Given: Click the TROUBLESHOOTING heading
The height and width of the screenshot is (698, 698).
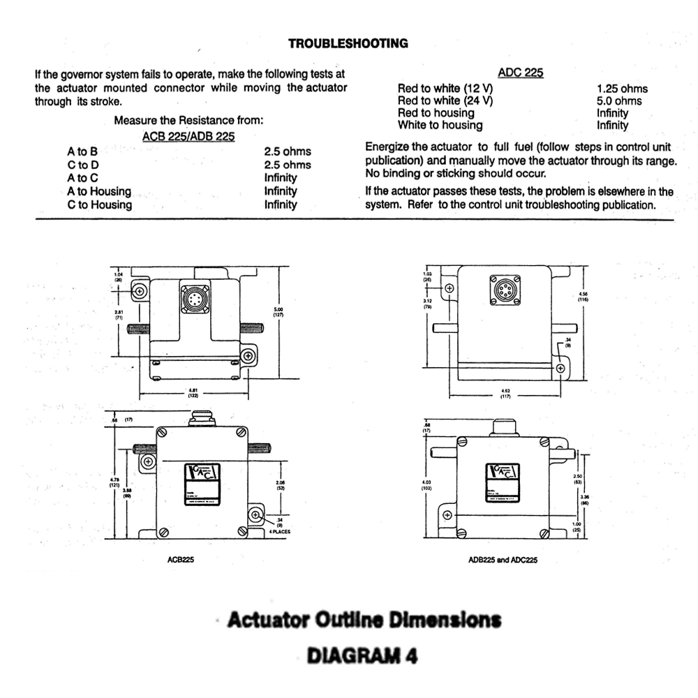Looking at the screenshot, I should [348, 43].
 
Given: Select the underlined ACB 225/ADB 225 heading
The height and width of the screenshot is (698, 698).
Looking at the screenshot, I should [188, 136].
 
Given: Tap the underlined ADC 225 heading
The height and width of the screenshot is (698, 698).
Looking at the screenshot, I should [521, 73].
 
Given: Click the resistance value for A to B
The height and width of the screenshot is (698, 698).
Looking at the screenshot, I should [288, 151].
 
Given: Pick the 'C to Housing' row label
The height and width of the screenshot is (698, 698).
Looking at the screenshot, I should [99, 205].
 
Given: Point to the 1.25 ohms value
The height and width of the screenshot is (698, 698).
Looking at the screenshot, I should [622, 89].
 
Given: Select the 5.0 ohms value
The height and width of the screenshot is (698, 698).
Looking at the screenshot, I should [619, 101].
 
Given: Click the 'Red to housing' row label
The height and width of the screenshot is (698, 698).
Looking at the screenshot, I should [436, 113].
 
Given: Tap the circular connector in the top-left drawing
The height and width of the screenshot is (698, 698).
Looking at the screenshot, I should [195, 299].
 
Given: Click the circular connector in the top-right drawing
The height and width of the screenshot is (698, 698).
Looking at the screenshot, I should [505, 290].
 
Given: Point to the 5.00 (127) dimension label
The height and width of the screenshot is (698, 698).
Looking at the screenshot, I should [277, 313].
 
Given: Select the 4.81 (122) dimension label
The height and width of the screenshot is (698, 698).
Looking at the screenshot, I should [193, 394].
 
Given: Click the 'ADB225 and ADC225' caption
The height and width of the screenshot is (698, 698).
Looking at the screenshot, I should [503, 559].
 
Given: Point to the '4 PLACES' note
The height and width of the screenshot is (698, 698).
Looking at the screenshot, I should [279, 531].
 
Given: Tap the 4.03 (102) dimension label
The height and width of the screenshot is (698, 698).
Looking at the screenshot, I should [427, 485].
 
